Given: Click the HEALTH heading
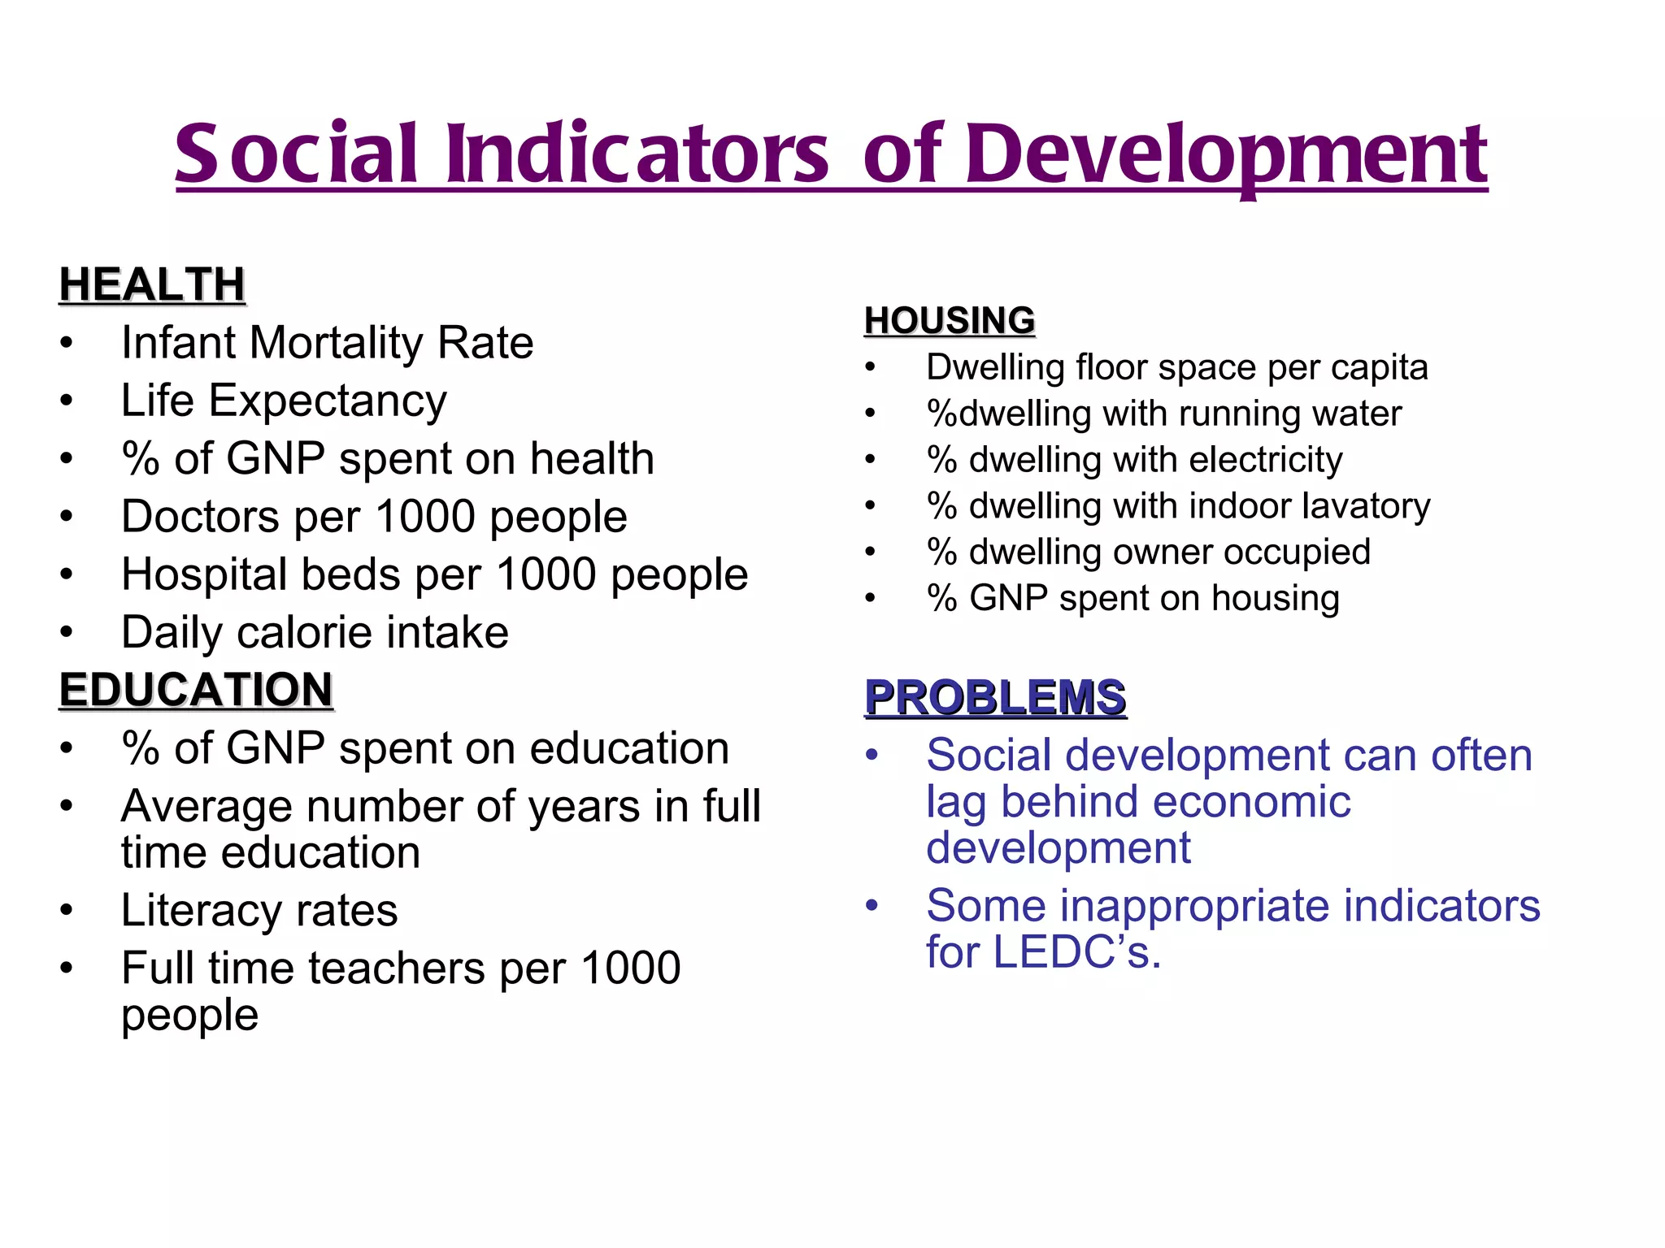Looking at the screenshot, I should click(x=152, y=285).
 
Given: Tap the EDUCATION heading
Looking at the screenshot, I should click(x=196, y=690).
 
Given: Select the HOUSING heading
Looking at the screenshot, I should click(x=950, y=320).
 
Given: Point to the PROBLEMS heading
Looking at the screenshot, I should click(x=995, y=697).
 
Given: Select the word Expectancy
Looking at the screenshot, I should click(x=328, y=402).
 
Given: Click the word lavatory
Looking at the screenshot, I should click(x=1366, y=506).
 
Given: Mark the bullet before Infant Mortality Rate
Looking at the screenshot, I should click(x=67, y=343).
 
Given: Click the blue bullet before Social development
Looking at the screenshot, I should click(x=872, y=755).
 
